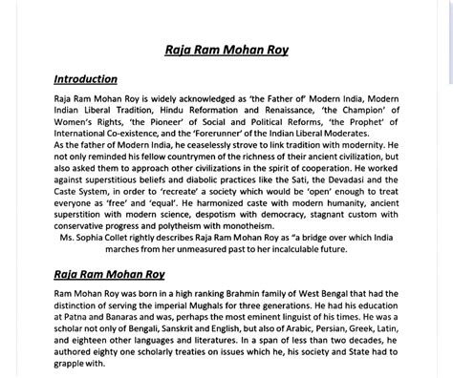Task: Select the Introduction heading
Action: point(85,78)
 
